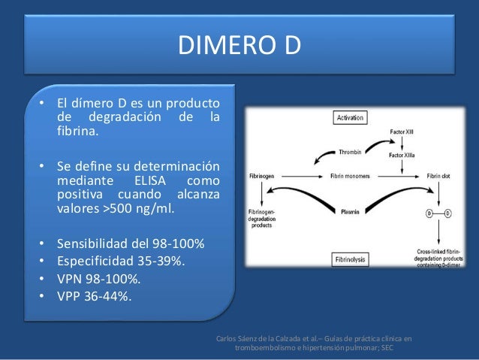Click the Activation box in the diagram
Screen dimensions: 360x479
(x=351, y=118)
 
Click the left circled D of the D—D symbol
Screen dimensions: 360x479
(x=428, y=213)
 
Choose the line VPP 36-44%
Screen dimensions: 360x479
(x=93, y=296)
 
